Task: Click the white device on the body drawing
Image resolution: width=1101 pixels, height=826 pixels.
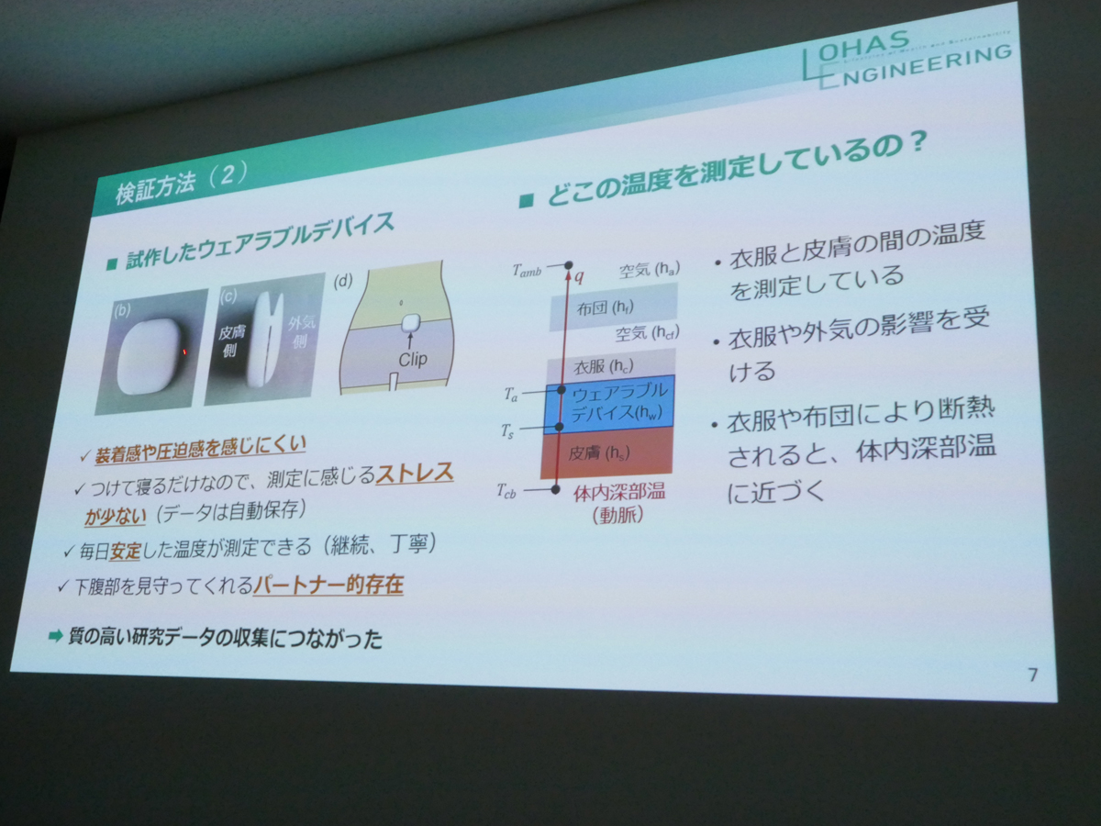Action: (412, 322)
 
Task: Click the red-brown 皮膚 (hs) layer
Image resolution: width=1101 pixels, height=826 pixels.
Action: (608, 452)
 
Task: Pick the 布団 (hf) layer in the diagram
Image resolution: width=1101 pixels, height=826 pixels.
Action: (613, 307)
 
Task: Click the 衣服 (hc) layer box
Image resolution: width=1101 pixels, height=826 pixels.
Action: (611, 364)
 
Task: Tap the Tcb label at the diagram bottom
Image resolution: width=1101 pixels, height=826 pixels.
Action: (506, 492)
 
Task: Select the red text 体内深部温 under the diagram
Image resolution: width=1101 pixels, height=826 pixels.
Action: (618, 493)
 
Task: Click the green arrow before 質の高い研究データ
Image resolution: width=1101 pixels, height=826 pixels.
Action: (55, 635)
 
